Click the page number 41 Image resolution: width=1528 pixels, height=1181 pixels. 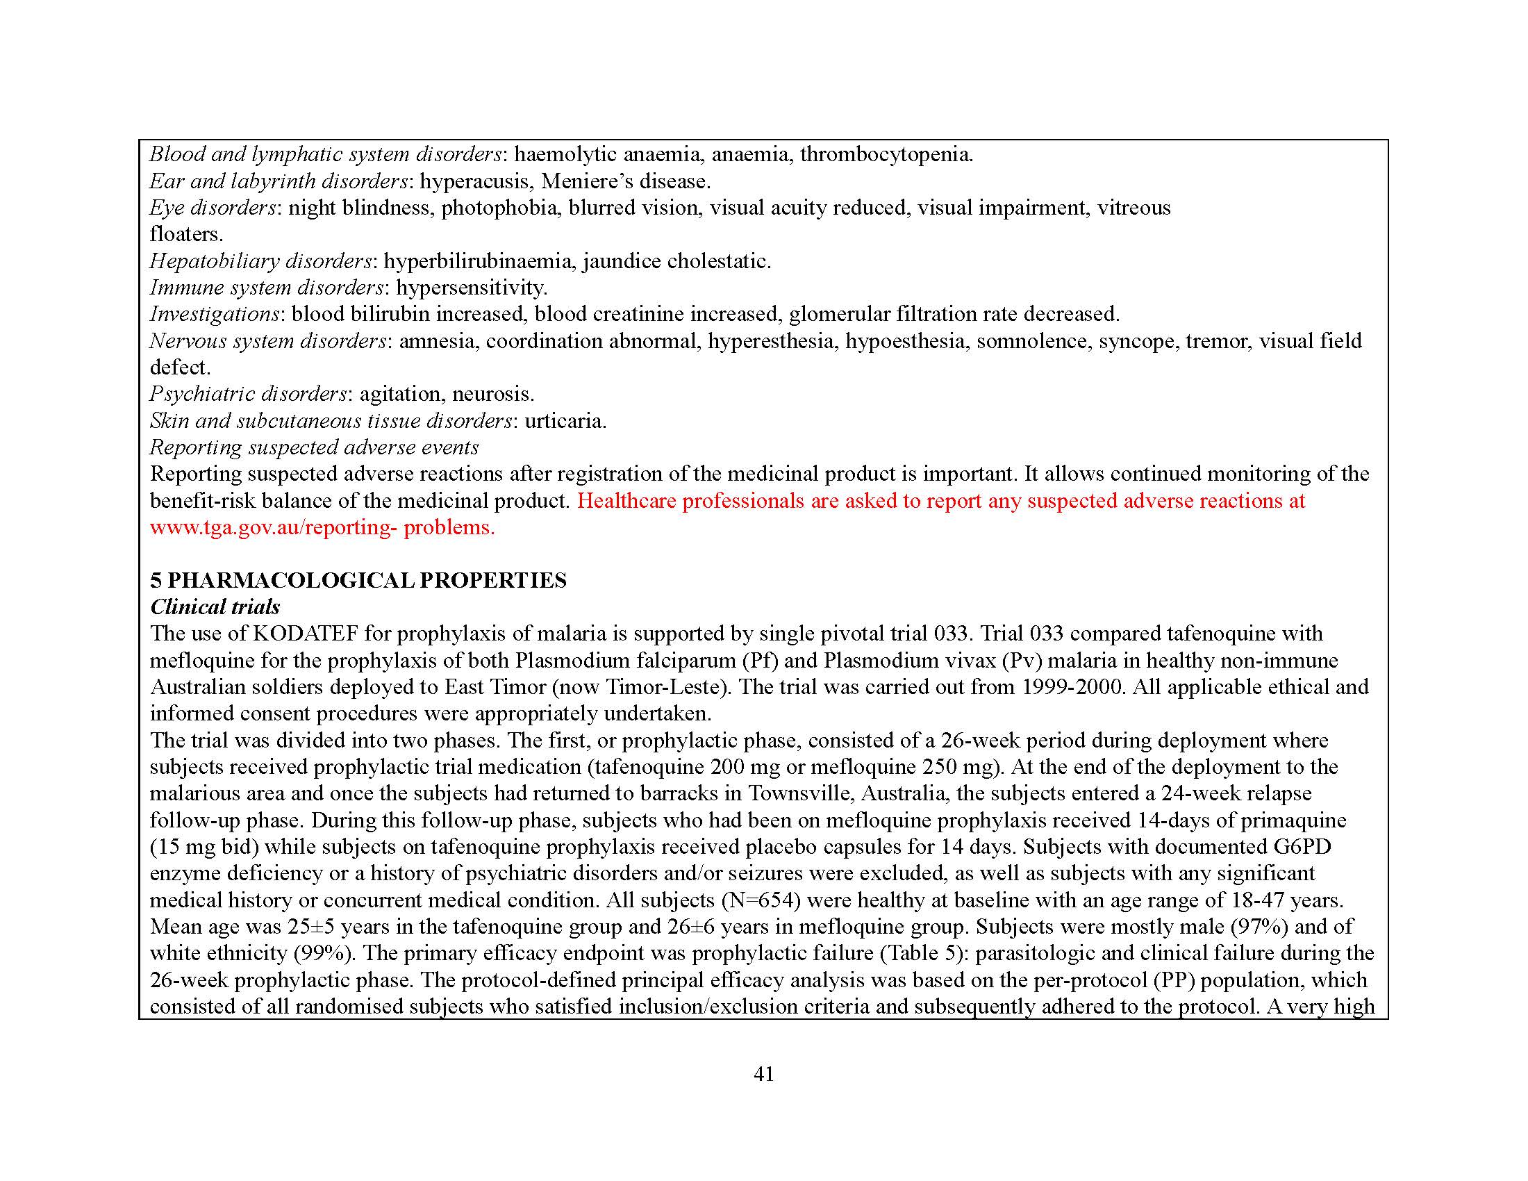click(763, 1074)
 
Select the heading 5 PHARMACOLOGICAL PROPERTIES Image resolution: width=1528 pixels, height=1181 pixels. click(358, 580)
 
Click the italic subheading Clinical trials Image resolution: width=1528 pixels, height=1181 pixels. click(215, 606)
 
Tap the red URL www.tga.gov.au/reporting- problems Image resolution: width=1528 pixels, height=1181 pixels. click(322, 527)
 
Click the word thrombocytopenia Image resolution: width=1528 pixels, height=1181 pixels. click(886, 154)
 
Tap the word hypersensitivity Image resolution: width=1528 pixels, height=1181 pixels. click(471, 288)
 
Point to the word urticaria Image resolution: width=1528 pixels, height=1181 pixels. click(565, 420)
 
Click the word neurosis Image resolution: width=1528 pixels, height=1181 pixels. click(492, 394)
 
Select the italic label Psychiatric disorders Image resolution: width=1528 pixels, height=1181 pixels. click(249, 394)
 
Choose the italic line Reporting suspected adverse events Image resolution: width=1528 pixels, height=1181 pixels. click(314, 447)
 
